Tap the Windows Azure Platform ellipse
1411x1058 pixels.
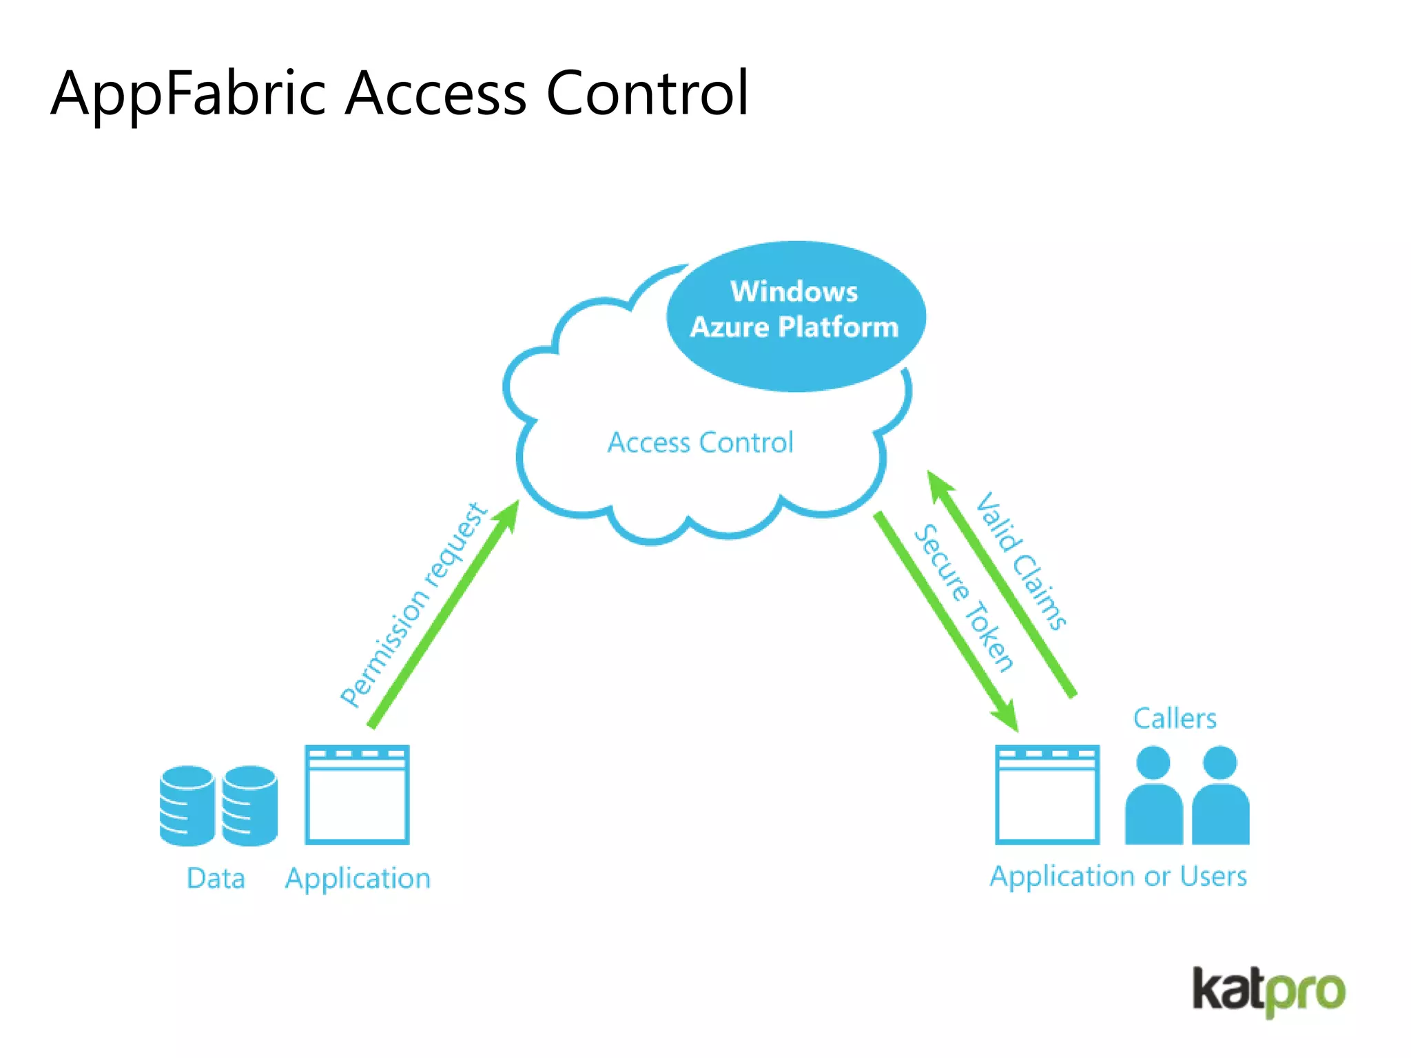pos(795,315)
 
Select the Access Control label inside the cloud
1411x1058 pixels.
pos(700,443)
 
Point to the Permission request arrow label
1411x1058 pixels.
pos(413,605)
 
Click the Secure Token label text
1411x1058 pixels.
pos(963,598)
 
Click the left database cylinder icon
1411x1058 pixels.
pos(187,805)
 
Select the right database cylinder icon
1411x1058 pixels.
pos(249,805)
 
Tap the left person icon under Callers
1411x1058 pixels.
pos(1153,796)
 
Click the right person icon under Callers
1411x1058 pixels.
pos(1220,796)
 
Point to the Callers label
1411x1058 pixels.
pos(1175,718)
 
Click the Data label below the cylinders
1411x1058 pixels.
pos(216,878)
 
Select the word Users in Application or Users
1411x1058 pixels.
pos(1213,876)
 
